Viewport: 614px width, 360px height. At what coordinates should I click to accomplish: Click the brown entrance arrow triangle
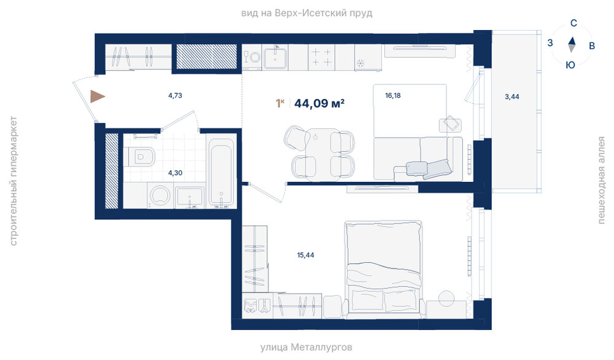coord(96,96)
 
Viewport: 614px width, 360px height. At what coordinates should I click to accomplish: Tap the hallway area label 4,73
coord(175,95)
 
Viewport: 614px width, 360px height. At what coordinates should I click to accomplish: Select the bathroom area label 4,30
coord(175,173)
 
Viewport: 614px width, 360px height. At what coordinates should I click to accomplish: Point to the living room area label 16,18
coord(393,95)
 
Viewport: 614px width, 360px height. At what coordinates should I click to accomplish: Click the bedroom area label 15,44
coord(305,255)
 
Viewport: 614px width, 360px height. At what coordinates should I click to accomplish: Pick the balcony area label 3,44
coord(512,96)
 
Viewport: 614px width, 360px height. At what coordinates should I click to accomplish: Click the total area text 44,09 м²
coord(319,103)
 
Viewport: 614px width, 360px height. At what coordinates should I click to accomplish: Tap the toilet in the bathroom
coord(139,157)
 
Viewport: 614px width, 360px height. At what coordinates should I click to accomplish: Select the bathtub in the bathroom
coord(221,172)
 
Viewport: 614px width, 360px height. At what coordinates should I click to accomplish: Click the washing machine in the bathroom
coord(160,195)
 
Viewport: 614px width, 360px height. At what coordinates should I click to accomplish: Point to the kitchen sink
coord(275,58)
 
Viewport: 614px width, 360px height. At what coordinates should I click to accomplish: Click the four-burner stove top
coord(321,57)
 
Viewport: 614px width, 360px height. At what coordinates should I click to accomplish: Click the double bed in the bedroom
coord(384,268)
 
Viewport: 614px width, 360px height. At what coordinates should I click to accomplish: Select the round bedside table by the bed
coord(446,299)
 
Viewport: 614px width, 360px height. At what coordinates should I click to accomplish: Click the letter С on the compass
coord(573,23)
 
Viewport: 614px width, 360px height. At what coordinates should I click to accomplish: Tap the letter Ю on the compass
coord(570,65)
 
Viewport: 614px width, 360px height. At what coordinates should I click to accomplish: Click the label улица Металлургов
coord(306,347)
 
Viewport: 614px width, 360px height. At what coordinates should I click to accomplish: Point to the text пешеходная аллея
coord(601,180)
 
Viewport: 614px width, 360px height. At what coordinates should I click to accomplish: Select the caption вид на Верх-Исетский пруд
coord(306,14)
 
